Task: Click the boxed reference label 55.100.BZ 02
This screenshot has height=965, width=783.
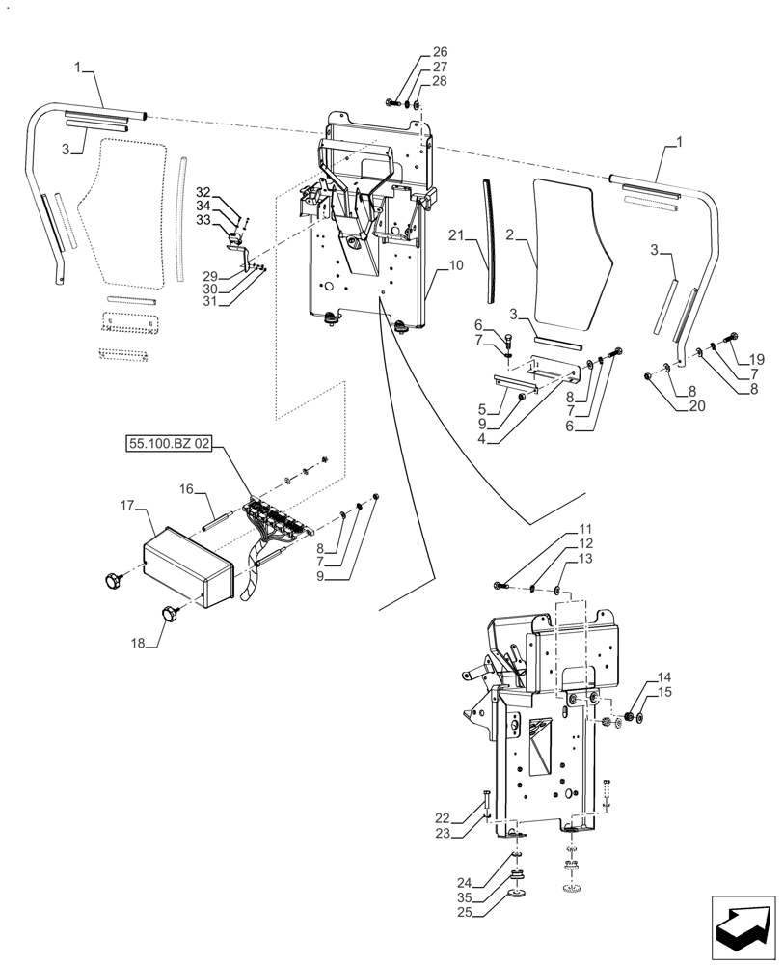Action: [168, 445]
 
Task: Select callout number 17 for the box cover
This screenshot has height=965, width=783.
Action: [126, 505]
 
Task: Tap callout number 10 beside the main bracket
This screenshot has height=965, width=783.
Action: [456, 264]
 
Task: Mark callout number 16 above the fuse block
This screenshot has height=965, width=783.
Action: [186, 489]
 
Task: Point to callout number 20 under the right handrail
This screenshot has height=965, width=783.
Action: [697, 406]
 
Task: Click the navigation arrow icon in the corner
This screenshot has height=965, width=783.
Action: [743, 926]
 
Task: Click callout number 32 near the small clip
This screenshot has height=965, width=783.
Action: [203, 192]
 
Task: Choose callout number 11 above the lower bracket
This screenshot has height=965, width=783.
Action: [586, 529]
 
